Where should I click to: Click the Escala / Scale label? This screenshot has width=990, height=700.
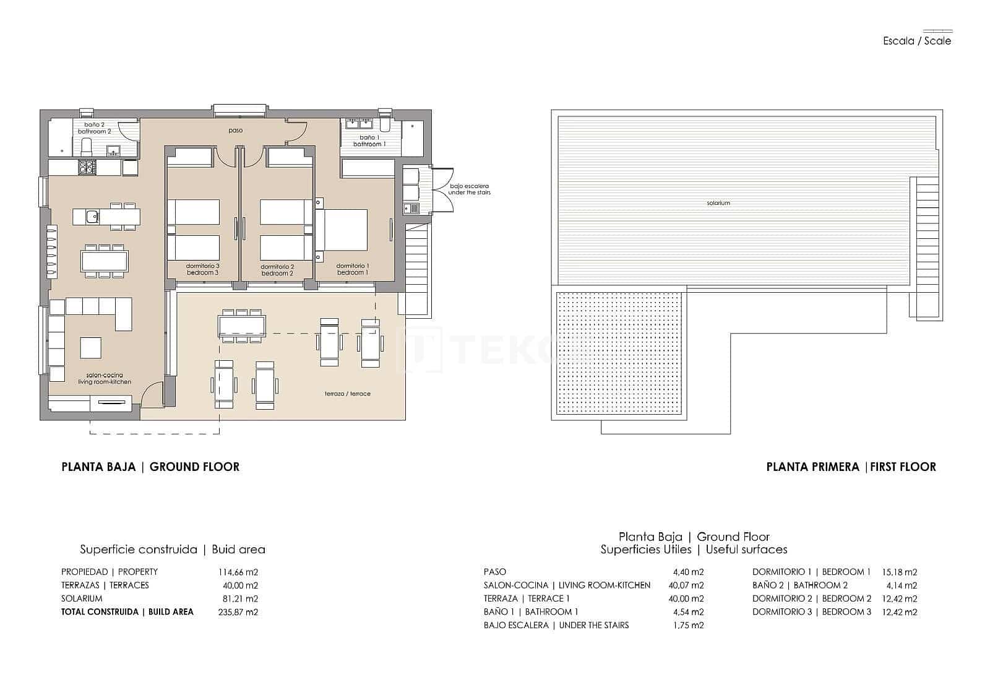[916, 41]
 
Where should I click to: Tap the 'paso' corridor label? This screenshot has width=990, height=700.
[235, 131]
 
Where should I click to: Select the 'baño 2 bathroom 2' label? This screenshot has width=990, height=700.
[95, 128]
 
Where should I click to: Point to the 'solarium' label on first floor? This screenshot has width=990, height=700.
[718, 203]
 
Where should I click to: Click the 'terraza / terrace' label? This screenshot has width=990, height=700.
[348, 394]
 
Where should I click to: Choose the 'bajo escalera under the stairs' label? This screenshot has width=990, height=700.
[470, 189]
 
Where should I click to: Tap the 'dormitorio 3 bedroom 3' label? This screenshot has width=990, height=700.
[203, 269]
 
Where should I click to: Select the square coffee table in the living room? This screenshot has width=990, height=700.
[91, 347]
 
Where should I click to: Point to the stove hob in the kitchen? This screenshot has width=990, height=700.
[87, 166]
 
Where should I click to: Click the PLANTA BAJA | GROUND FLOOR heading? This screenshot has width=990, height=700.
[150, 467]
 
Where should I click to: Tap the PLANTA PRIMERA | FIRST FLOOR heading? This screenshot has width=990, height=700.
[851, 467]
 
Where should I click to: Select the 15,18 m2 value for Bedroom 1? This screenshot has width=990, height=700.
[899, 572]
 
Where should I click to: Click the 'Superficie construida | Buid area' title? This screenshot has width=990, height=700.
[172, 549]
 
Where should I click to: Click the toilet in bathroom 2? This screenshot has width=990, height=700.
[87, 147]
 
